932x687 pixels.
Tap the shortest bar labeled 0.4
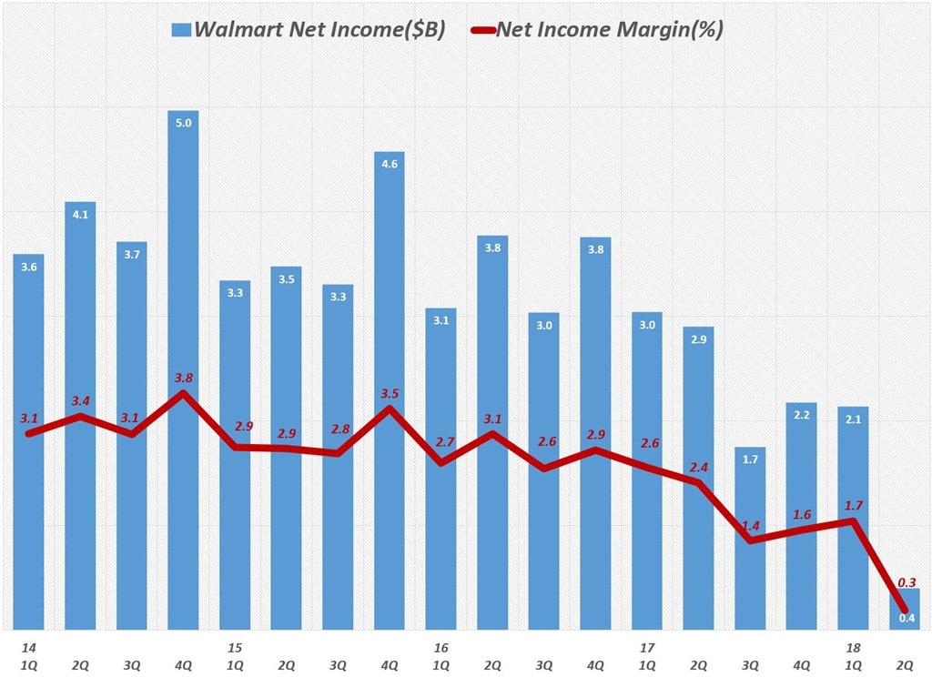tap(906, 610)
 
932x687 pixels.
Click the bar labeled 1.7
tap(751, 537)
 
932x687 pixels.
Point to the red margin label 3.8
tap(183, 378)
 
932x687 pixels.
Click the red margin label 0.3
tap(907, 583)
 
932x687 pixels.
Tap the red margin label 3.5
tap(390, 393)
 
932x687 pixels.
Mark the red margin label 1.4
tap(751, 526)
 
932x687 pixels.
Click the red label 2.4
tap(699, 467)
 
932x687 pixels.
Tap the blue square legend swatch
tap(180, 29)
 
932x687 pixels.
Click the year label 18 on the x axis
tap(854, 648)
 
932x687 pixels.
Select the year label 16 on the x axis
tap(441, 648)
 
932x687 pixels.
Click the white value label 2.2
tap(803, 415)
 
